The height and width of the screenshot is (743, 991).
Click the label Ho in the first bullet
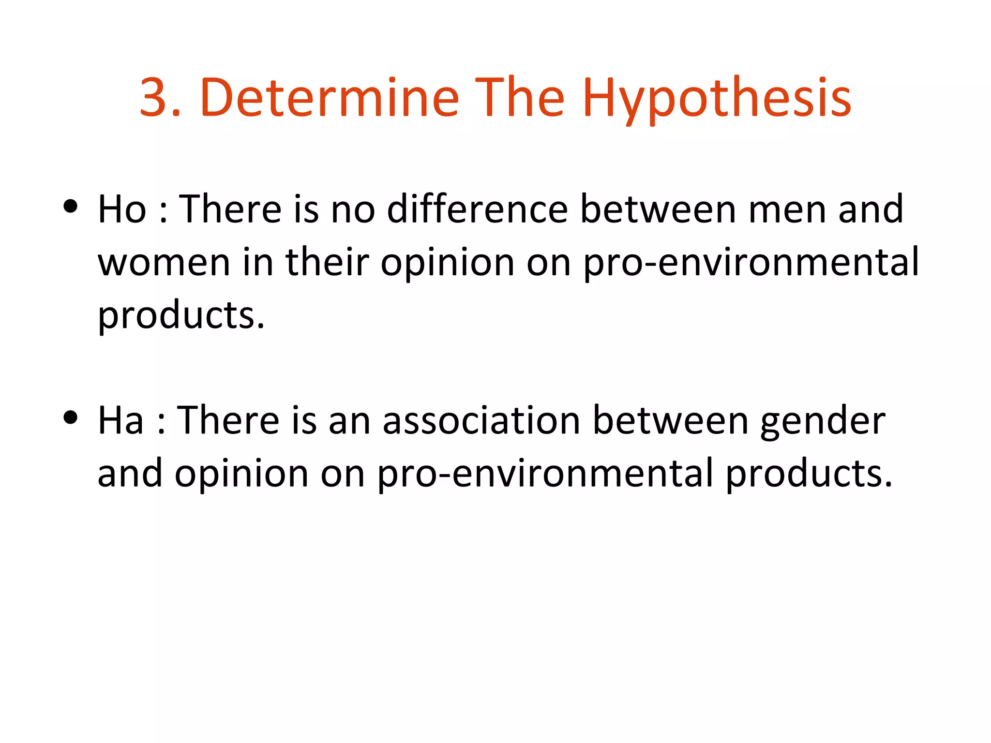pyautogui.click(x=122, y=209)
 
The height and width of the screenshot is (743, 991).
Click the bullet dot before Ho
pyautogui.click(x=71, y=207)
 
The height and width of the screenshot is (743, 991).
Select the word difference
pyautogui.click(x=477, y=209)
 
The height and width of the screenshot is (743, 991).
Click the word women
pyautogui.click(x=164, y=263)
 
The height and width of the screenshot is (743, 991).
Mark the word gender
pyautogui.click(x=823, y=421)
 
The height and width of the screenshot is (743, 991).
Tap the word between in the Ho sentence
pyautogui.click(x=658, y=209)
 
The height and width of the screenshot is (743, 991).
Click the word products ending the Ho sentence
pyautogui.click(x=181, y=316)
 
